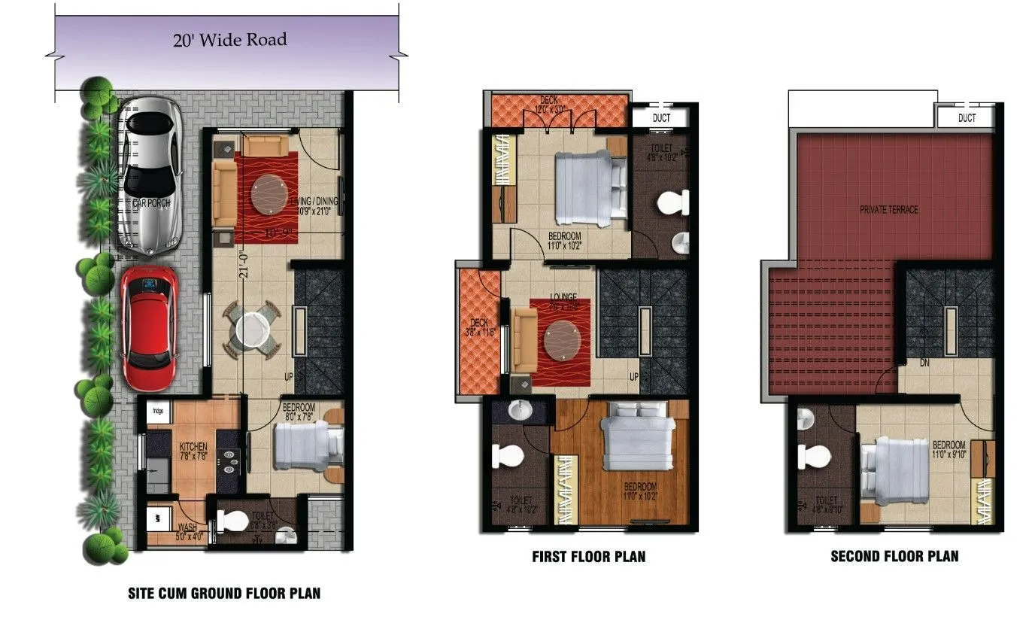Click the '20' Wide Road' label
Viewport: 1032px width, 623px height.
[x=229, y=39]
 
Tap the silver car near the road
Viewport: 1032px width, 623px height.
[x=150, y=175]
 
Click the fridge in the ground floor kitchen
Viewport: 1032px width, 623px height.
[x=158, y=412]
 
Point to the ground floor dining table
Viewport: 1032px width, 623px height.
[x=251, y=330]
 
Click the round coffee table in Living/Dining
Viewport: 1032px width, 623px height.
[x=269, y=195]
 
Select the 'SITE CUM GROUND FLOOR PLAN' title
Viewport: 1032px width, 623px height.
[x=224, y=594]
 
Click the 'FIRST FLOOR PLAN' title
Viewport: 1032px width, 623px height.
[x=588, y=557]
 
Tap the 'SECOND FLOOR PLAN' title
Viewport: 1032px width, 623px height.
[x=894, y=557]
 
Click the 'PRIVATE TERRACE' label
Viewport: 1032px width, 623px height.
[x=889, y=209]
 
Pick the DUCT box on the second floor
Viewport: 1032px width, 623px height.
[x=967, y=118]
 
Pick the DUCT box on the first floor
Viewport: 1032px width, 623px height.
[x=661, y=118]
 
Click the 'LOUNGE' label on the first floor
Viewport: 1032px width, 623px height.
[x=563, y=296]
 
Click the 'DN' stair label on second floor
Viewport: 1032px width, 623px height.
[x=924, y=363]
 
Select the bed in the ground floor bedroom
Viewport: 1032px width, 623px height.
[x=301, y=445]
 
